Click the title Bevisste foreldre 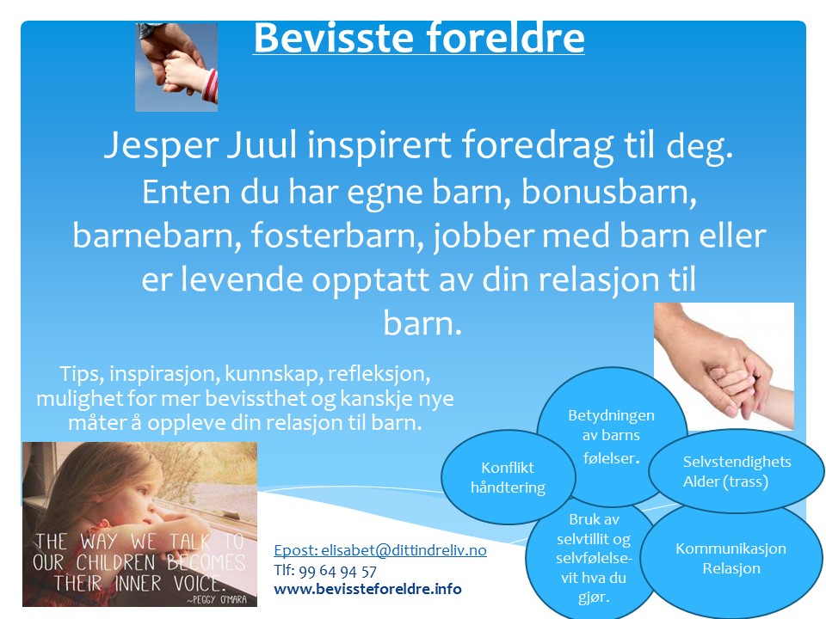click(418, 39)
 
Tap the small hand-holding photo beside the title click(176, 67)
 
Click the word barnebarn click(148, 236)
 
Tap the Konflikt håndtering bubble click(496, 477)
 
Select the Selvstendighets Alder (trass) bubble click(736, 471)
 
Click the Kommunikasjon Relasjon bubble click(730, 558)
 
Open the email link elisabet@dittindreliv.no click(379, 550)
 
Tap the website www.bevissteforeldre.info click(367, 589)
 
